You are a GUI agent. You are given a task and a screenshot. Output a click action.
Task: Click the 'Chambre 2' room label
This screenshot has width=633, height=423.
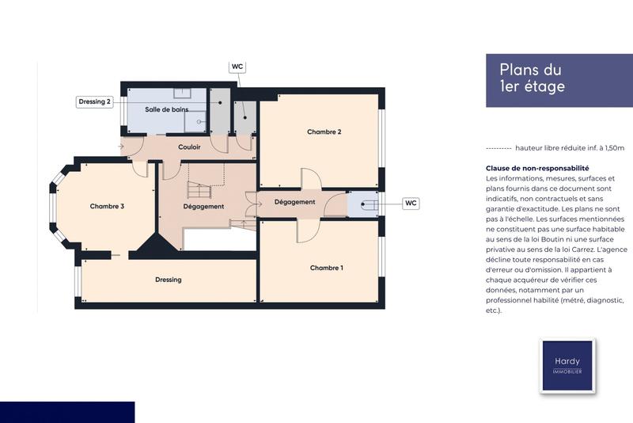coord(324,132)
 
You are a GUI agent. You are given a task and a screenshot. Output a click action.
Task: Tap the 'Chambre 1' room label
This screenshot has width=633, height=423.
coord(326,268)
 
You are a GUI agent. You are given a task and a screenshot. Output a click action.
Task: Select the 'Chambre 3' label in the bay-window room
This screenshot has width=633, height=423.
coord(107,206)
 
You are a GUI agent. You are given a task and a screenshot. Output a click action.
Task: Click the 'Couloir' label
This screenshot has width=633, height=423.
coord(189,147)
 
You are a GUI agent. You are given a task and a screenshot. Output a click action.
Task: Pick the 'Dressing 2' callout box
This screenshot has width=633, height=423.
coord(95,101)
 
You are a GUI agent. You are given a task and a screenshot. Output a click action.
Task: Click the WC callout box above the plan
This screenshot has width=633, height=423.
coord(237,67)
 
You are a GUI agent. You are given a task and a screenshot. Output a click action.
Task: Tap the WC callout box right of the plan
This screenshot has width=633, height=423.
coord(411,203)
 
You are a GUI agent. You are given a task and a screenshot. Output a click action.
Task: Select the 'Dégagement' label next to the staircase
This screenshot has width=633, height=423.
coord(203,207)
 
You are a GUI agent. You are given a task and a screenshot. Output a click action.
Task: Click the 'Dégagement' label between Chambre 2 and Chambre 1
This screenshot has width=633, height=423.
coord(294,202)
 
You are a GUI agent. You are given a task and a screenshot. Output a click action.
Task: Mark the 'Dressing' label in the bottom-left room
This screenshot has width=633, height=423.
coord(168,280)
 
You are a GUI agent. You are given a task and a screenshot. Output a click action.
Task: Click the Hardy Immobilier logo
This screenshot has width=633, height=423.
coord(567,365)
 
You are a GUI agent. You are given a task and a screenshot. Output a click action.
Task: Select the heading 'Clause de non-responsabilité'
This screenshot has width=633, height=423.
coord(537,168)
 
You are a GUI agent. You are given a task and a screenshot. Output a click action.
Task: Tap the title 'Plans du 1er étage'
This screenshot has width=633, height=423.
coord(532,78)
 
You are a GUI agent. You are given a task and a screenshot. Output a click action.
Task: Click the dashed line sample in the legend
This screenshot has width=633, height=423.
coord(498,148)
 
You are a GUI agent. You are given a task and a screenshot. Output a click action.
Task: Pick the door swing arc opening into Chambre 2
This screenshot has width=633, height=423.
coord(311,179)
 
